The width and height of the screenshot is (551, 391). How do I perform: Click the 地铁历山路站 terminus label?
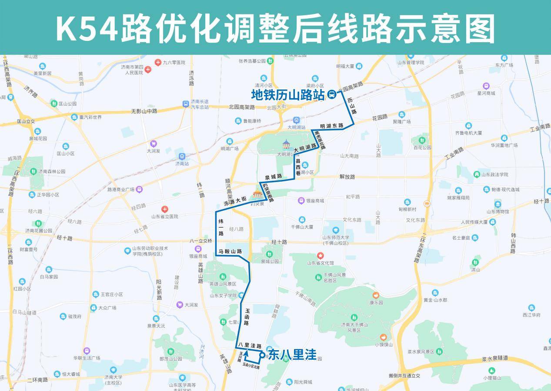(x=288, y=95)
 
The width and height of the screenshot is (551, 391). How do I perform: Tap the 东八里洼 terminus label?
(x=292, y=355)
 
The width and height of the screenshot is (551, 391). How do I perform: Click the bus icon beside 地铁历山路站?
(x=332, y=95)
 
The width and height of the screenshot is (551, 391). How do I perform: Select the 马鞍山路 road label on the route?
(x=230, y=251)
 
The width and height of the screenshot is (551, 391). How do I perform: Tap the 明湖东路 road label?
(x=331, y=126)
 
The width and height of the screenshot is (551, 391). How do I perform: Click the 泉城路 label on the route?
(x=274, y=177)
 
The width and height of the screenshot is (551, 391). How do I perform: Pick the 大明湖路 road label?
(x=305, y=148)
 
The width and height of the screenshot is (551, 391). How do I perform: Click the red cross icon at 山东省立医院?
(x=164, y=209)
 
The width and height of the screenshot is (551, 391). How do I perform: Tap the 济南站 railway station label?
(x=182, y=163)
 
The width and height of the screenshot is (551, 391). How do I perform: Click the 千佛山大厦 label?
(x=302, y=227)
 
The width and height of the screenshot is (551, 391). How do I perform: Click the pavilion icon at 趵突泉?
(x=259, y=193)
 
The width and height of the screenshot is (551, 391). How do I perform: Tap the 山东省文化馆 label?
(x=321, y=262)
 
